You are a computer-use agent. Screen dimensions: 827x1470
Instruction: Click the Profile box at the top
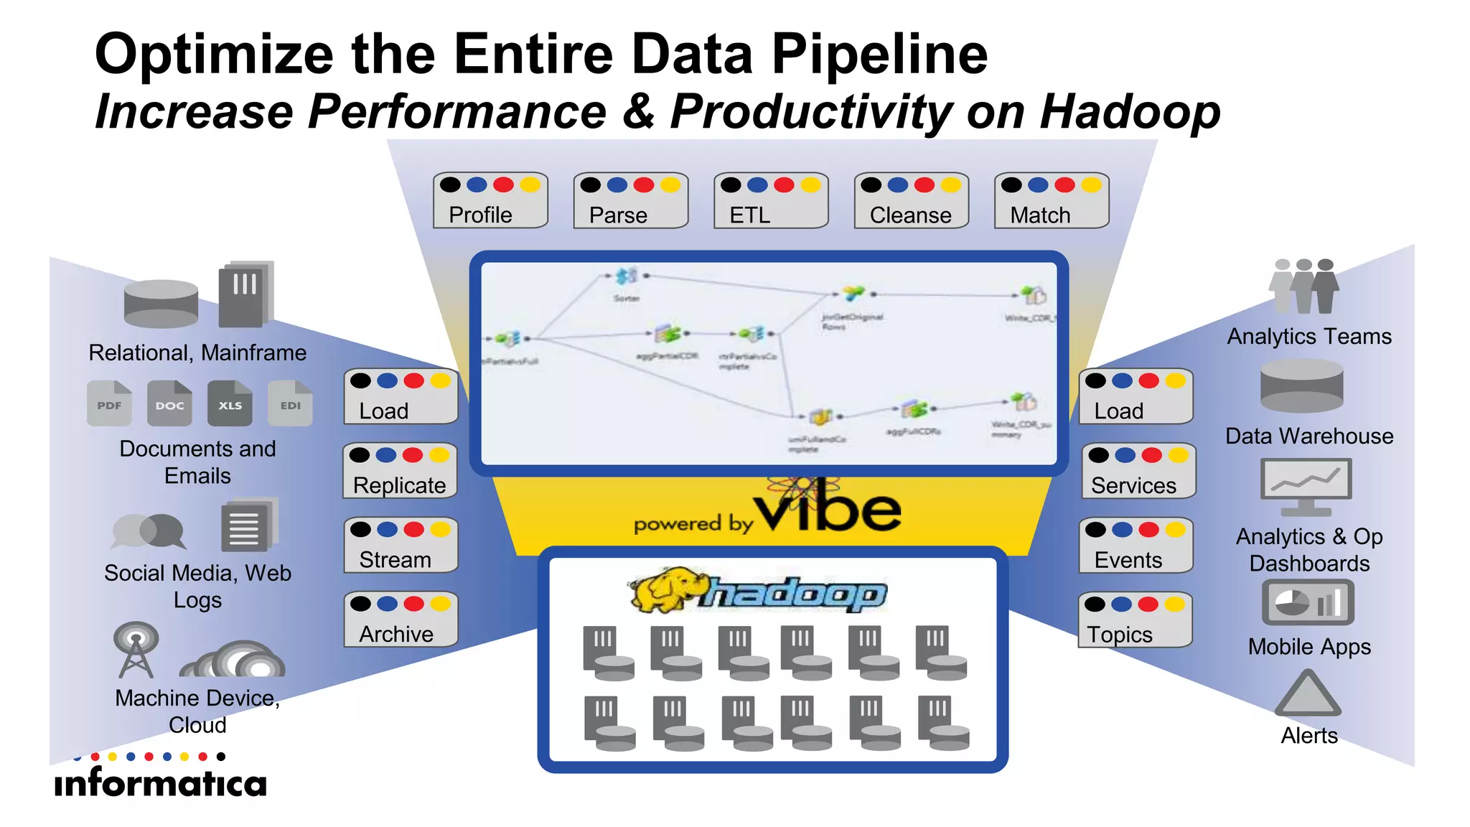pyautogui.click(x=490, y=200)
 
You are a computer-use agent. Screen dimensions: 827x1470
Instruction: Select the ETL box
pyautogui.click(x=771, y=200)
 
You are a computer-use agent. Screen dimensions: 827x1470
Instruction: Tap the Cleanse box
pyautogui.click(x=911, y=200)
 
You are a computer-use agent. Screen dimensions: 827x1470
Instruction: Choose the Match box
pyautogui.click(x=1052, y=200)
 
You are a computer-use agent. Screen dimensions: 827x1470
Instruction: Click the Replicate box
pyautogui.click(x=400, y=471)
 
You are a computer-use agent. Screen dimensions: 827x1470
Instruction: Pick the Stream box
pyautogui.click(x=401, y=545)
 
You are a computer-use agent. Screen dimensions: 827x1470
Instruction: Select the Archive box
pyautogui.click(x=401, y=620)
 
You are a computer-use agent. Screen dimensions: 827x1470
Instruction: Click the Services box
pyautogui.click(x=1138, y=471)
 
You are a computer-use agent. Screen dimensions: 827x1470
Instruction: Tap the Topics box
pyautogui.click(x=1136, y=620)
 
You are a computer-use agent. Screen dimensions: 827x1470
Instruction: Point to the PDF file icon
pyautogui.click(x=109, y=403)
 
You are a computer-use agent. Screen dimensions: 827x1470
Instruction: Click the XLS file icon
pyautogui.click(x=230, y=403)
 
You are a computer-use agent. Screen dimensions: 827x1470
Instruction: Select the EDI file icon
pyautogui.click(x=290, y=403)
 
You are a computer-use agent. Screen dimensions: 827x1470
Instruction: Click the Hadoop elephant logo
pyautogui.click(x=668, y=590)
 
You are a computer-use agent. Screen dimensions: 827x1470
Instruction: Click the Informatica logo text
pyautogui.click(x=160, y=782)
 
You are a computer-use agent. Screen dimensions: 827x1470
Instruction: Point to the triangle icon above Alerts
pyautogui.click(x=1308, y=694)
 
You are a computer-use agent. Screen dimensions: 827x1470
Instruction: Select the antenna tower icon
pyautogui.click(x=135, y=650)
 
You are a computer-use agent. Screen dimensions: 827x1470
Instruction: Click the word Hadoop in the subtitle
pyautogui.click(x=1130, y=112)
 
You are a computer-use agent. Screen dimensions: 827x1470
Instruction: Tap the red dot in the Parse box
pyautogui.click(x=644, y=185)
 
